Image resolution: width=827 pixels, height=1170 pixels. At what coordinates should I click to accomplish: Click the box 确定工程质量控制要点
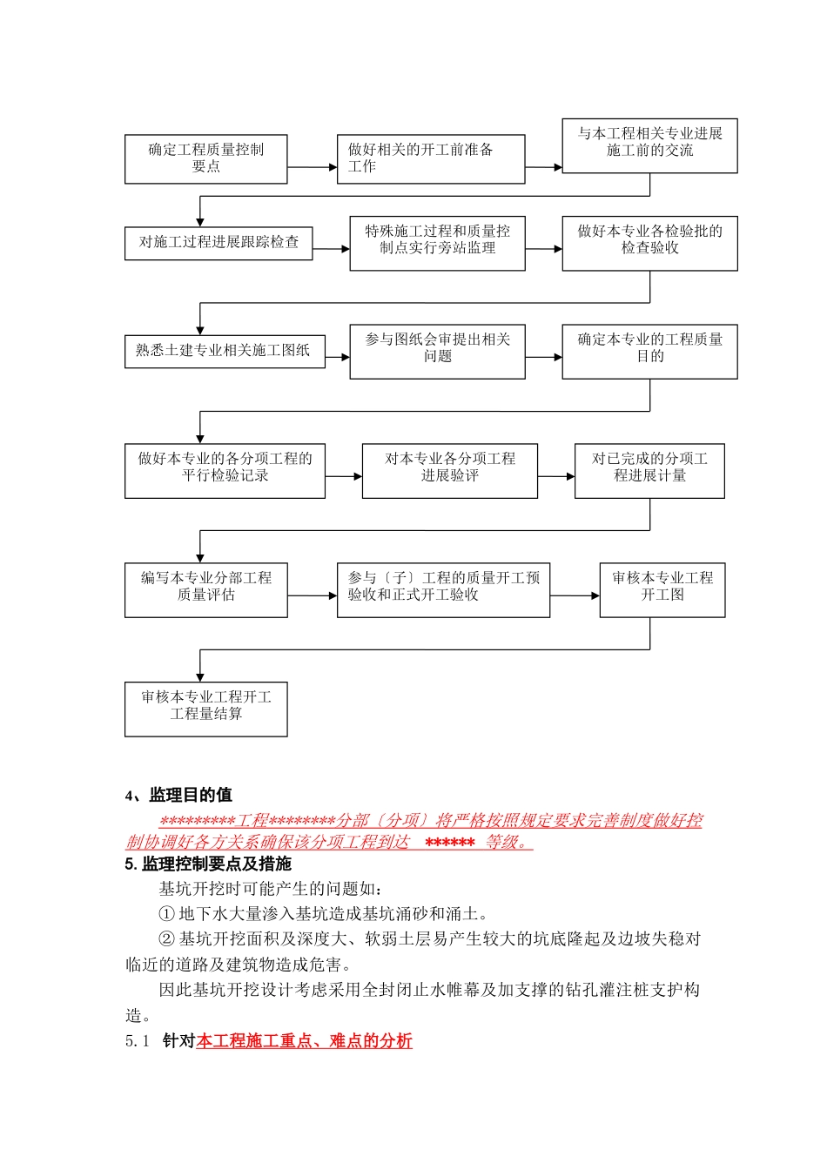(205, 158)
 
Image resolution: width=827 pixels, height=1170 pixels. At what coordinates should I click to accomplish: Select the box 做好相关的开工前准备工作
(431, 158)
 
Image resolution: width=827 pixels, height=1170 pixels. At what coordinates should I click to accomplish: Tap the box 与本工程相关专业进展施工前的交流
(649, 145)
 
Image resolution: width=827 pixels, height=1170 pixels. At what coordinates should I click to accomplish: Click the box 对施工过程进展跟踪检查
(219, 243)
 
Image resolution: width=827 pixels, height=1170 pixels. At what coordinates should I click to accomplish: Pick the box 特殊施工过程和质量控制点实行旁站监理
(437, 243)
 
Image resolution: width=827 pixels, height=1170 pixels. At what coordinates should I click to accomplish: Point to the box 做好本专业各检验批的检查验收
(649, 243)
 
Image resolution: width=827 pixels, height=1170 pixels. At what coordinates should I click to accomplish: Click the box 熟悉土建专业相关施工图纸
(225, 351)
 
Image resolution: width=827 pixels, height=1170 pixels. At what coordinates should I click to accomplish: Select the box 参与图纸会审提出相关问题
(437, 351)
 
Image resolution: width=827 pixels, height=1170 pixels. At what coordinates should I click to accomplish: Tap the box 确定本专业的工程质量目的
(649, 351)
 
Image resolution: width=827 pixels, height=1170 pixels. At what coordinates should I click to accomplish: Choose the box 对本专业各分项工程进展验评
(449, 471)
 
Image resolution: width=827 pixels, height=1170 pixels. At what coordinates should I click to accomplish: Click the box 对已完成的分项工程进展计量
(649, 471)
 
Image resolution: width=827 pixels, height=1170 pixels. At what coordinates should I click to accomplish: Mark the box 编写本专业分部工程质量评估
(205, 590)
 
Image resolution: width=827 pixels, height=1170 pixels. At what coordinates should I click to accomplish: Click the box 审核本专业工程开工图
(662, 590)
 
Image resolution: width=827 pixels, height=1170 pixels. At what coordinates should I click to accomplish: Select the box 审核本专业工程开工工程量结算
(205, 709)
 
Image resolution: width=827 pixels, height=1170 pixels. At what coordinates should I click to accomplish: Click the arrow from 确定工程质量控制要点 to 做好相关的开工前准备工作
(312, 167)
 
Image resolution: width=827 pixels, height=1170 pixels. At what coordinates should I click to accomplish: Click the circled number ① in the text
(167, 914)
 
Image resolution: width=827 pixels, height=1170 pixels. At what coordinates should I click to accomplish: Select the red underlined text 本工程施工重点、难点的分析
(304, 1041)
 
